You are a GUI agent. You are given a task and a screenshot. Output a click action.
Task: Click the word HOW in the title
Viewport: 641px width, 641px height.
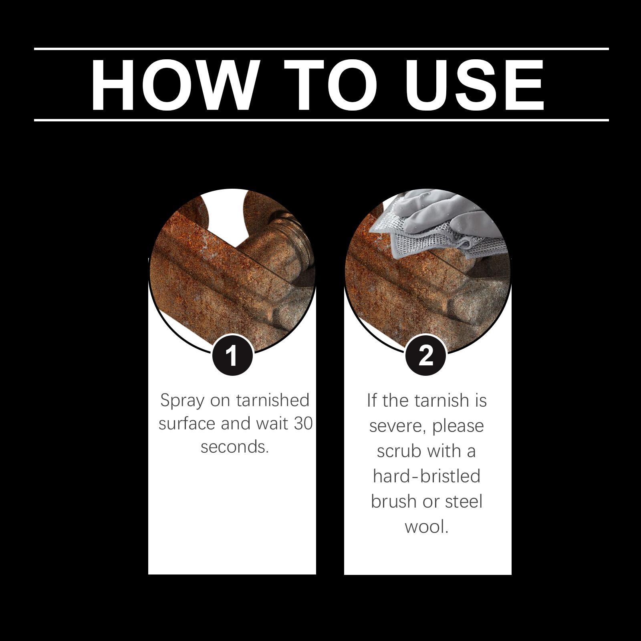pos(173,85)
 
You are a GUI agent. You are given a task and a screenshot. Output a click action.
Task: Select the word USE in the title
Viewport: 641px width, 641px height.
pos(475,85)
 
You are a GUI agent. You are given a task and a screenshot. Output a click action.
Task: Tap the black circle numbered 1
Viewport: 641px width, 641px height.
pos(232,355)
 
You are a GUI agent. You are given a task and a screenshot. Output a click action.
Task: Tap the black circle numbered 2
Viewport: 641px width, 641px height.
pos(425,355)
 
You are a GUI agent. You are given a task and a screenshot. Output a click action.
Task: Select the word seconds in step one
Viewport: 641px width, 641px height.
pos(234,447)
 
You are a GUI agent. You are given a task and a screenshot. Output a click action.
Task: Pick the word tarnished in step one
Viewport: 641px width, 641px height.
pos(273,400)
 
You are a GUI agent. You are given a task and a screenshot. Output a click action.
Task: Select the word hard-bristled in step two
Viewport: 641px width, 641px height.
pos(426,476)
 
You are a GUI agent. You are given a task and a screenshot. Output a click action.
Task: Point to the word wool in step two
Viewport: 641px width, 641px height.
pos(426,526)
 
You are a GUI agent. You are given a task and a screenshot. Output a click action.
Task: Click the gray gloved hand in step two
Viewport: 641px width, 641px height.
pos(441,214)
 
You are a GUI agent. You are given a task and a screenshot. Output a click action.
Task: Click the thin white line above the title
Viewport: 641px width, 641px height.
pos(321,49)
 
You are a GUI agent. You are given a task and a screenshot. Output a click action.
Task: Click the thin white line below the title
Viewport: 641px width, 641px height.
pos(321,120)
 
